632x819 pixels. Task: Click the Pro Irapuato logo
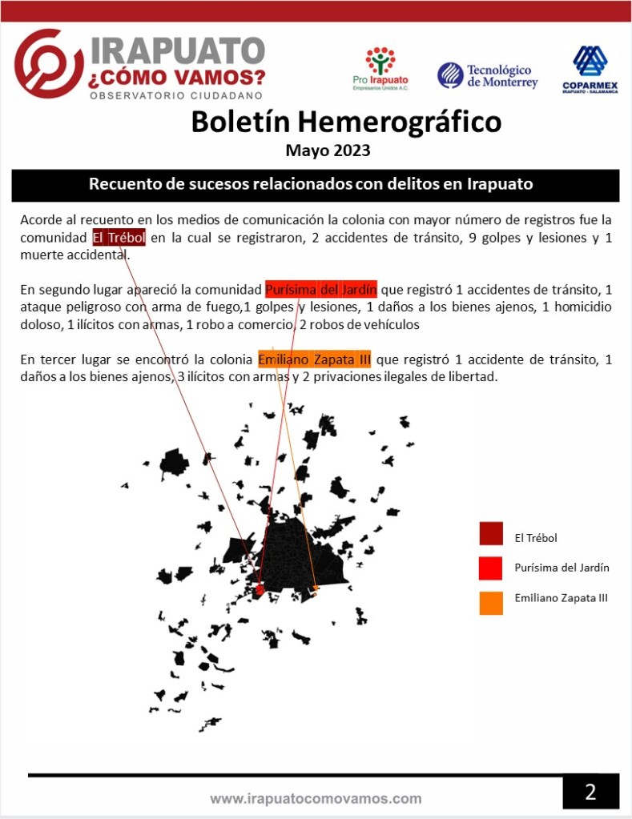pos(380,69)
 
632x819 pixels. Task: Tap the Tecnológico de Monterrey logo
pos(488,76)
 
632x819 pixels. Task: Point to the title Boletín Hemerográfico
pos(346,122)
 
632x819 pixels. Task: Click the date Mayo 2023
pos(328,150)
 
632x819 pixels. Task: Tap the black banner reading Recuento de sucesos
pos(315,184)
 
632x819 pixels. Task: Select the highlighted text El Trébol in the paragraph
pos(119,238)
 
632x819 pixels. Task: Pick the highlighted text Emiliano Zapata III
pos(314,359)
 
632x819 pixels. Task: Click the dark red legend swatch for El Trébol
pos(491,534)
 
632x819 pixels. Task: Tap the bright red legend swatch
pos(491,568)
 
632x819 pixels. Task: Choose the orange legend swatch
pos(491,602)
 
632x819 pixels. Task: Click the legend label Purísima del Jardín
pos(562,568)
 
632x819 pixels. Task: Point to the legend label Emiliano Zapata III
pos(561,598)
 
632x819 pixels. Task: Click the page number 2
pos(590,792)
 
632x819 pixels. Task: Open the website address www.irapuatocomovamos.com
pos(316,798)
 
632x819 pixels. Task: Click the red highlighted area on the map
pos(259,591)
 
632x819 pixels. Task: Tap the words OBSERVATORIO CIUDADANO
pos(177,96)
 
